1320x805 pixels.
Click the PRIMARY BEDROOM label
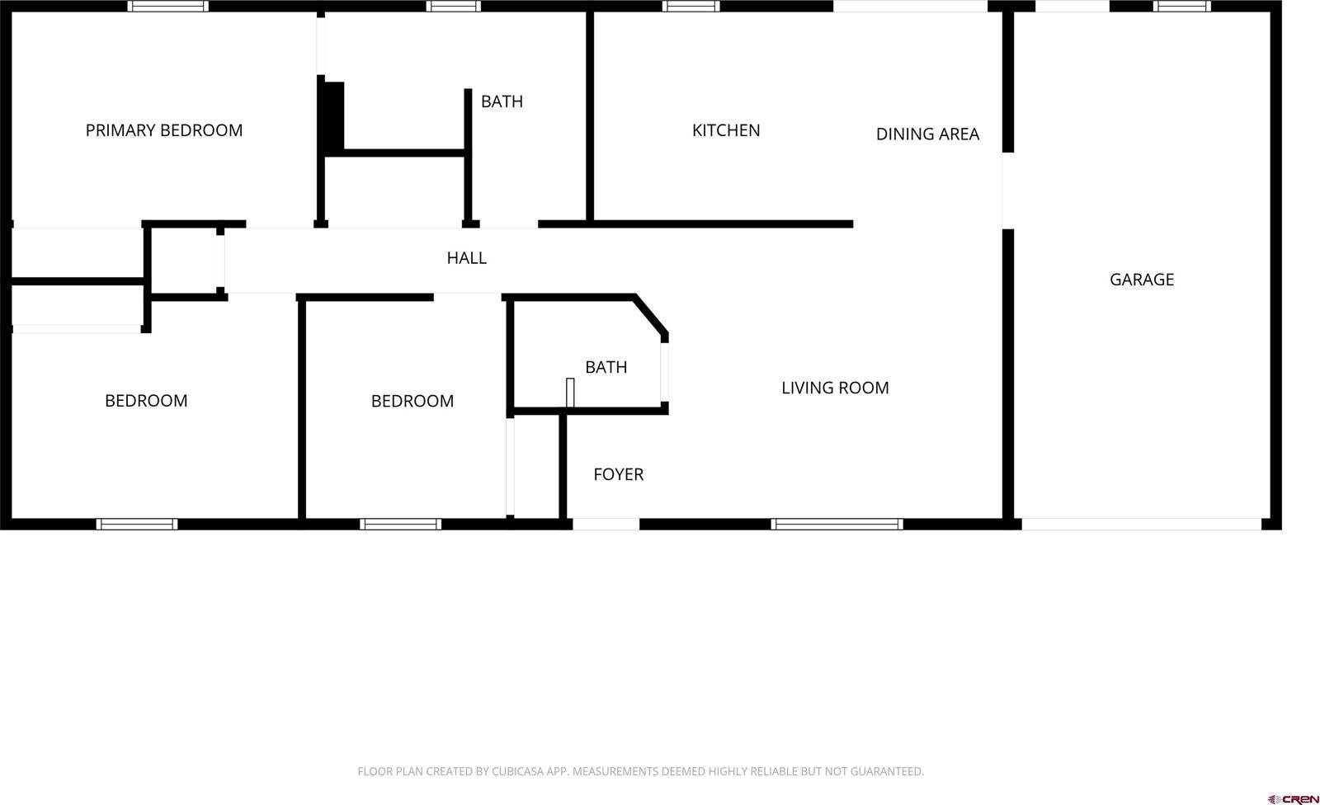164,130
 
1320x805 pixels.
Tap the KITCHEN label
726,130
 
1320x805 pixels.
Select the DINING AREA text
927,134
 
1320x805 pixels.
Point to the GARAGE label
1142,280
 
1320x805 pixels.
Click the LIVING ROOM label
835,388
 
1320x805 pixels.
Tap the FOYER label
619,474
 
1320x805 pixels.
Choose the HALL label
467,258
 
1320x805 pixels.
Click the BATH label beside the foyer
606,367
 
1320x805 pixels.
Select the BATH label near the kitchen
502,101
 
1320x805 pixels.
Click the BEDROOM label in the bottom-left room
146,401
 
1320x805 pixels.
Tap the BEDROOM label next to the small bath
412,401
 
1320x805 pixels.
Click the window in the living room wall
837,524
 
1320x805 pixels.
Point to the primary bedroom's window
168,7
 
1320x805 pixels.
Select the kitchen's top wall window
691,7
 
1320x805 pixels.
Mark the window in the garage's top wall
1181,7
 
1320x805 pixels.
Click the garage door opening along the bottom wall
1141,524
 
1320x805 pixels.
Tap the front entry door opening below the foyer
606,524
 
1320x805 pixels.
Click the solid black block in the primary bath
332,115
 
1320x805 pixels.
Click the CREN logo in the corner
1293,798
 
